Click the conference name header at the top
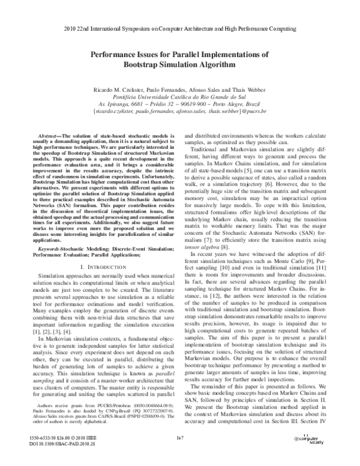pos(180,29)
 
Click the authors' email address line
pos(180,110)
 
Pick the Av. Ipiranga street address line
pos(180,103)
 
